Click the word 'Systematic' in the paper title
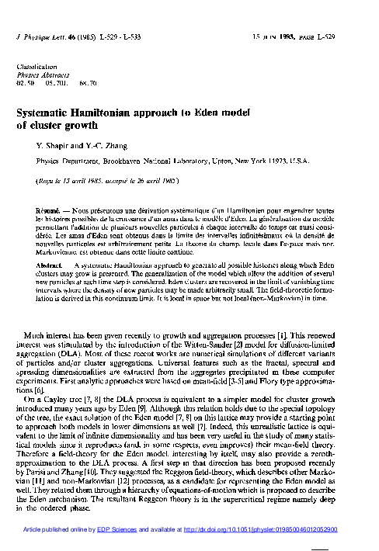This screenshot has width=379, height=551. [x=49, y=112]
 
